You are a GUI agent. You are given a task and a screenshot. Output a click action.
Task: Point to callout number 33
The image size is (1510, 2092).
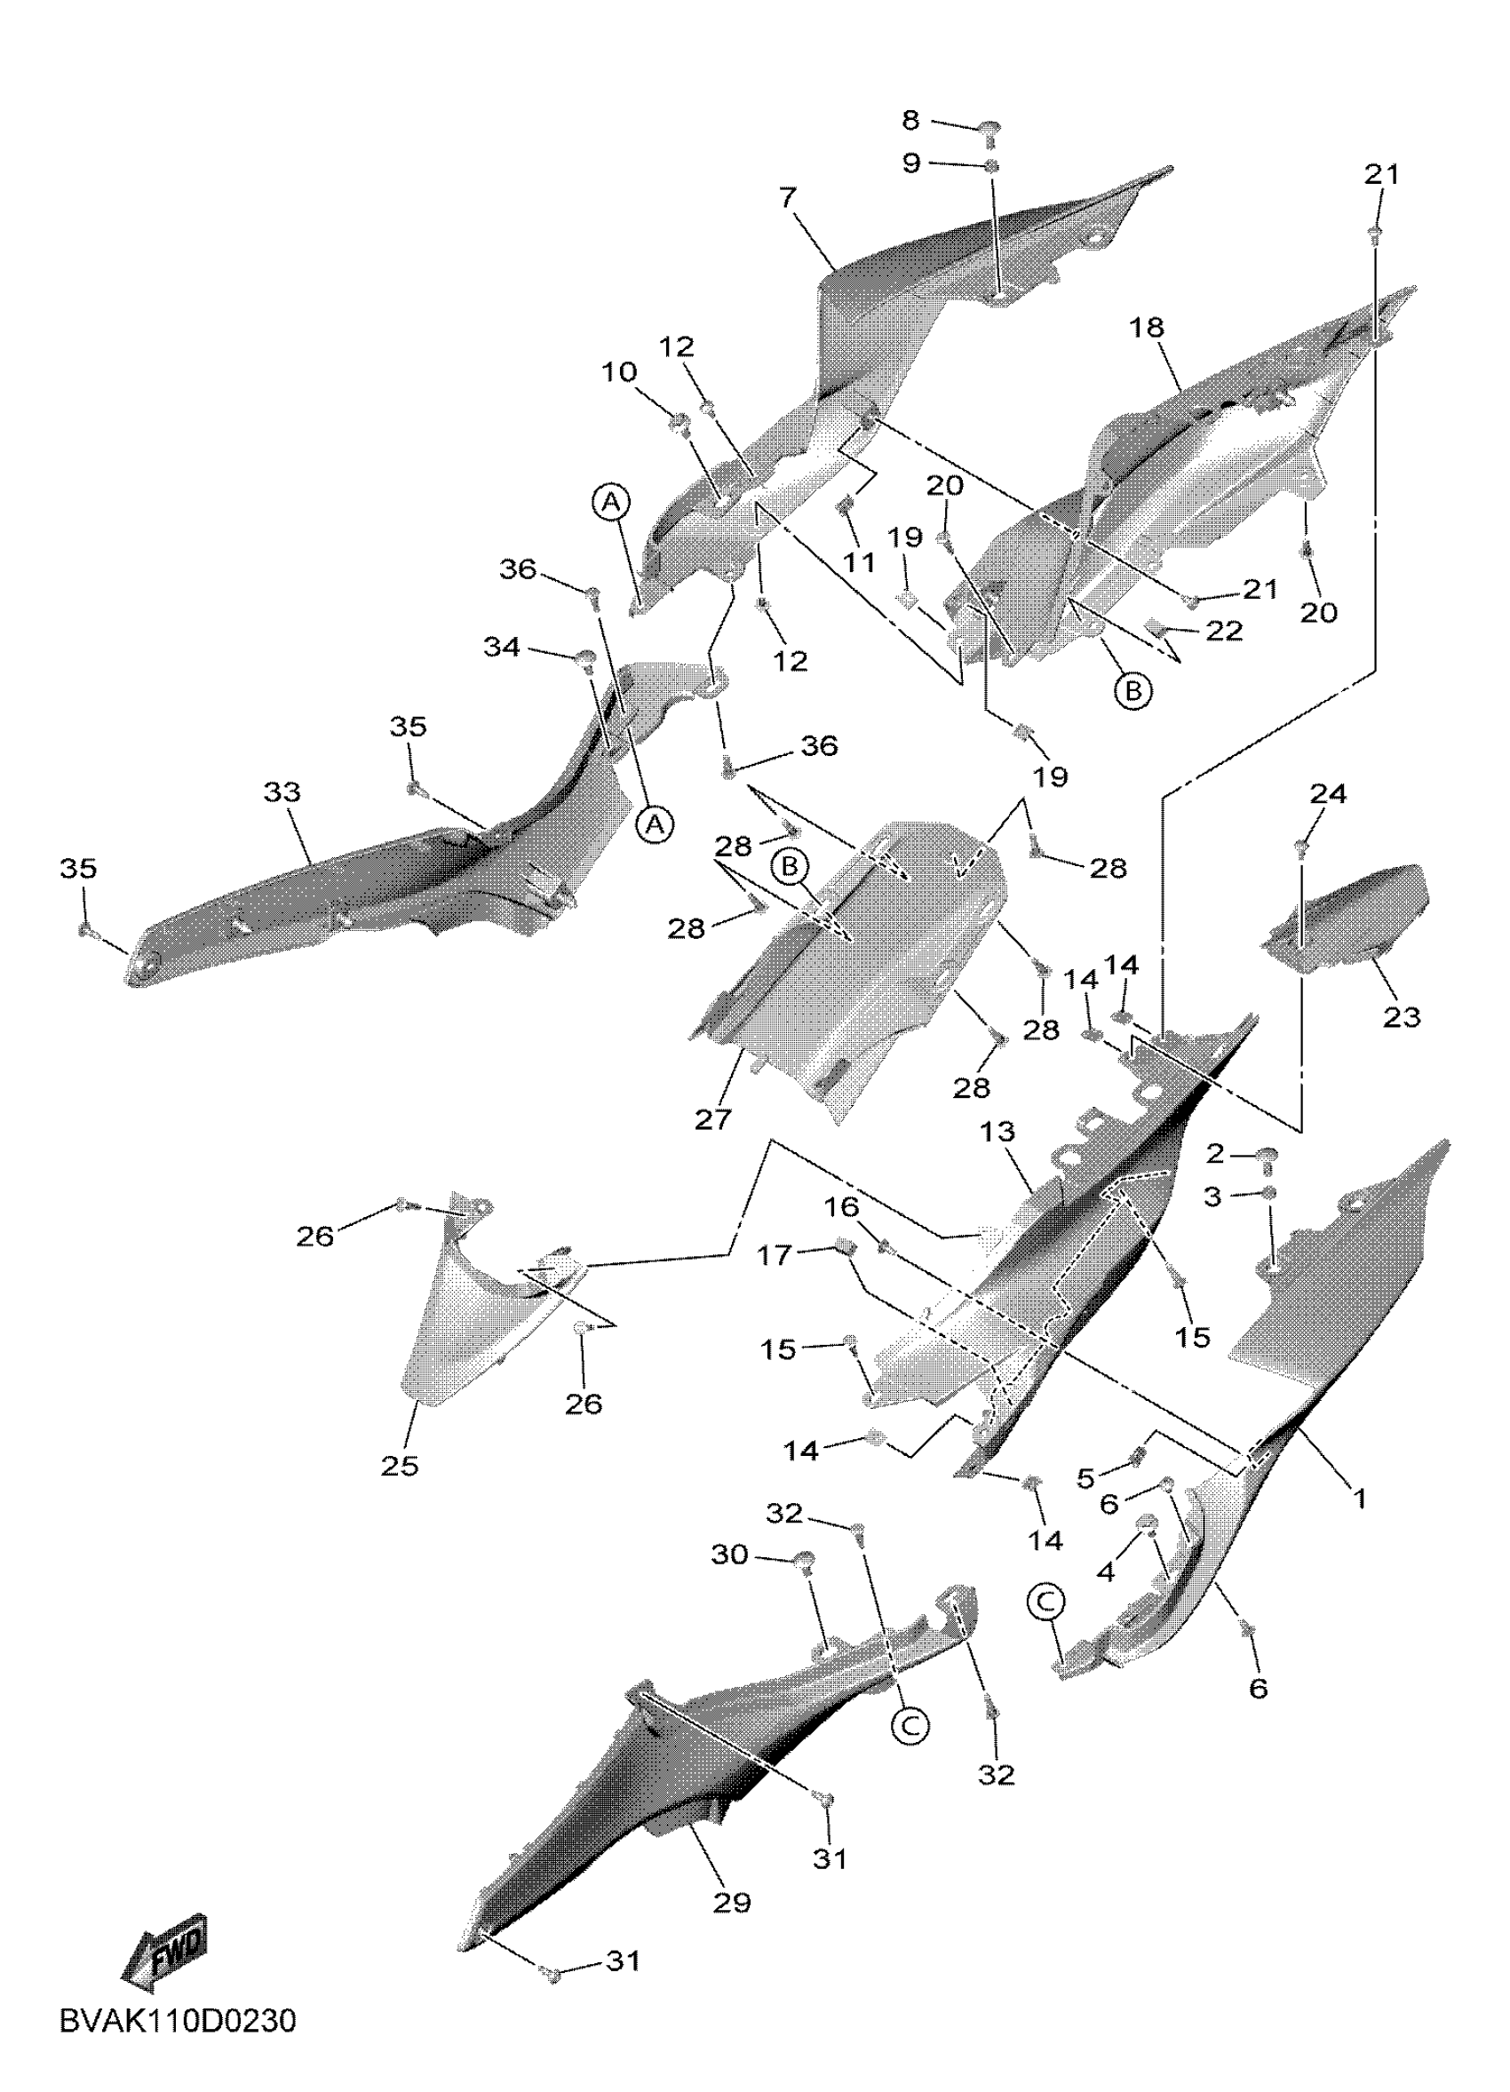[x=282, y=791]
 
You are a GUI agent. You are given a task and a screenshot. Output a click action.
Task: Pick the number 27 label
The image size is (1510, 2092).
[x=713, y=1119]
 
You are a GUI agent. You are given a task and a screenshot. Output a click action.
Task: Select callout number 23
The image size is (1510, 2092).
[x=1401, y=1017]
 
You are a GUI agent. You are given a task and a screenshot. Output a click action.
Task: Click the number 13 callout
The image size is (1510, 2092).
[x=998, y=1132]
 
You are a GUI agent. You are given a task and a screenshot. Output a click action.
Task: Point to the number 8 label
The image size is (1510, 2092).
[x=910, y=119]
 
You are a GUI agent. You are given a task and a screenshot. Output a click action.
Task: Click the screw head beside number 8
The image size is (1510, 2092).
[x=988, y=129]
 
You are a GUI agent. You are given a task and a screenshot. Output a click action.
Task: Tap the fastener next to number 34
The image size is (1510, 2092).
[x=584, y=657]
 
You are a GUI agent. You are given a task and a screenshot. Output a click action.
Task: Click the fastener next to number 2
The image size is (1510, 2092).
[x=1268, y=1155]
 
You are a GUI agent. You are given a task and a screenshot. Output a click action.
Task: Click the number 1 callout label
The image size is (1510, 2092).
[x=1358, y=1498]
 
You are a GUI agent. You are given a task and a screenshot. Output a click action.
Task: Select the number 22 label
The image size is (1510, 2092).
[x=1224, y=630]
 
